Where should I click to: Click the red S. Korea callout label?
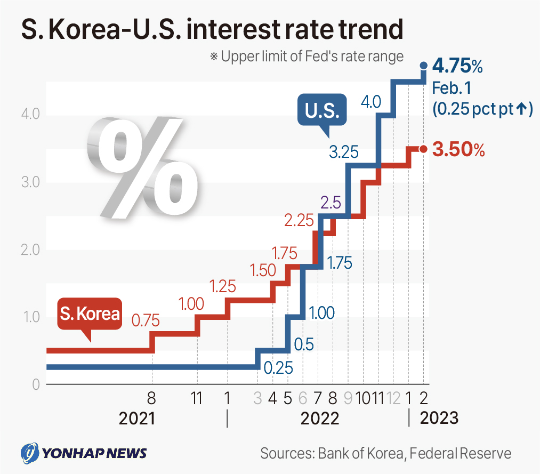[90, 314]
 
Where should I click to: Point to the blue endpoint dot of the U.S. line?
[424, 66]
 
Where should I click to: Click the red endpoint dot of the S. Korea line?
[424, 149]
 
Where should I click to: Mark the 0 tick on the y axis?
[35, 384]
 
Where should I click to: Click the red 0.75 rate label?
[146, 320]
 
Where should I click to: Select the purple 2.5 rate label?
[331, 203]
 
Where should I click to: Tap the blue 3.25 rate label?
[343, 152]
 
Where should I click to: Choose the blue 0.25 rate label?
[278, 367]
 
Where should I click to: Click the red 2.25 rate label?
[299, 220]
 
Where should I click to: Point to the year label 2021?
[137, 418]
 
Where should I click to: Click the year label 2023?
[439, 417]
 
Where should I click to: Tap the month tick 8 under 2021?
[152, 398]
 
